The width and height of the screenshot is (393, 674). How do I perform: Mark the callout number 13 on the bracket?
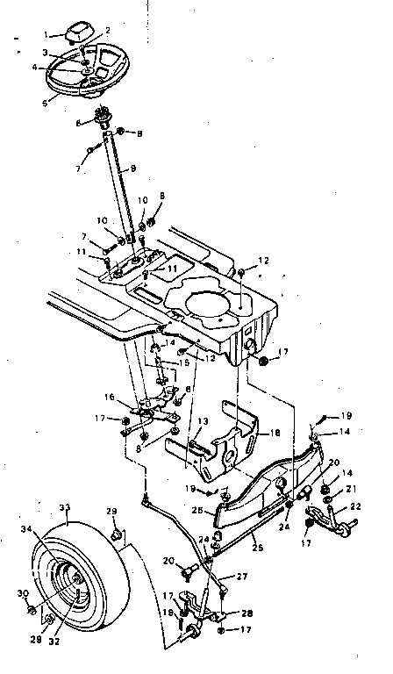click(x=203, y=422)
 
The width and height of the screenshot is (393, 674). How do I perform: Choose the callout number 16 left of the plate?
click(x=110, y=397)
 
